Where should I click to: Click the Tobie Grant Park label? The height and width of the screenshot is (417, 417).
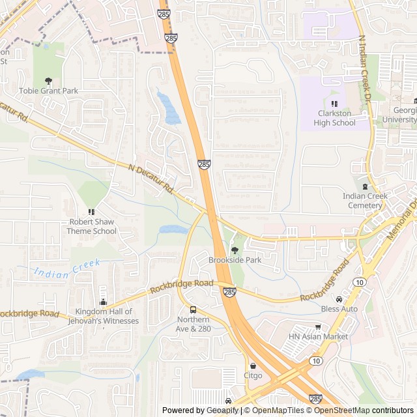[48, 91]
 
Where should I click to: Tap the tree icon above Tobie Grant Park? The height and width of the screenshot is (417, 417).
[48, 81]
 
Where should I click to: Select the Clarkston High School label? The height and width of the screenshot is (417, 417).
[334, 118]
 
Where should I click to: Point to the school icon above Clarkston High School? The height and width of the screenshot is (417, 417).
[334, 104]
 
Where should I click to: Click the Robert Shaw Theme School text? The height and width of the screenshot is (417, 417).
[92, 226]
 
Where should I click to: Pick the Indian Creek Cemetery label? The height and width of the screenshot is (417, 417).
[365, 201]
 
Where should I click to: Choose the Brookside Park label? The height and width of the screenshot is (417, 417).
[235, 260]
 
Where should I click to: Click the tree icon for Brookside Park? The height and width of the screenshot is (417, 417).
[235, 250]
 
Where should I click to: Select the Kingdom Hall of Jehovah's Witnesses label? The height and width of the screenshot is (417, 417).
[104, 316]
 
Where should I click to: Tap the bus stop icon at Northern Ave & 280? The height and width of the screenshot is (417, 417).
[193, 309]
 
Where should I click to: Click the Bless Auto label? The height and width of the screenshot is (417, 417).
[339, 308]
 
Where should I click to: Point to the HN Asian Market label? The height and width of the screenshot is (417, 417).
[318, 336]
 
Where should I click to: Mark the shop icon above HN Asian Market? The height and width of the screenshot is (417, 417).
[318, 326]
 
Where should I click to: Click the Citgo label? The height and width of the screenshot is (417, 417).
[253, 375]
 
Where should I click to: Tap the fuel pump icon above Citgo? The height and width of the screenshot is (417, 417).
[253, 366]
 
